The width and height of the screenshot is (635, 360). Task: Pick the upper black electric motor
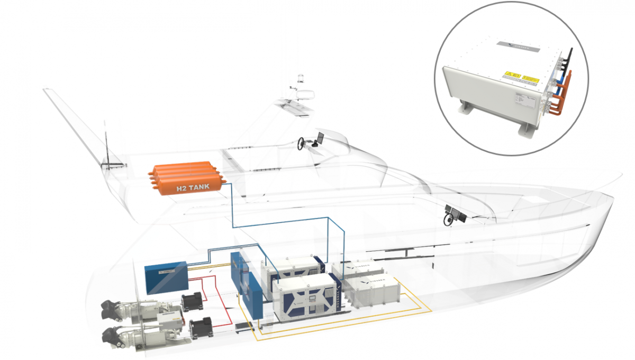pyautogui.click(x=192, y=302)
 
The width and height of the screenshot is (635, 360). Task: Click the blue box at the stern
pyautogui.click(x=165, y=277)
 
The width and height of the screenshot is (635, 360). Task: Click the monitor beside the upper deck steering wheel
pyautogui.click(x=320, y=137)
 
